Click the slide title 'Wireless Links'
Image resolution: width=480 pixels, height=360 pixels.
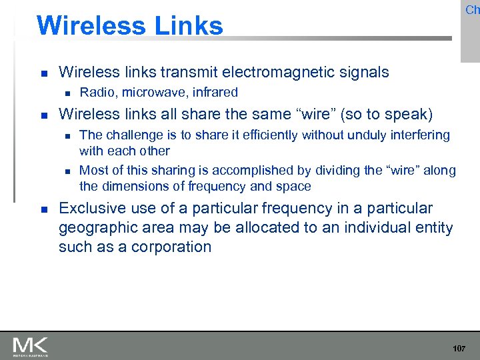[130, 25]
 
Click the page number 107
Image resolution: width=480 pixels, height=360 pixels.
[459, 349]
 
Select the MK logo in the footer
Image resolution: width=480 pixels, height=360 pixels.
[30, 346]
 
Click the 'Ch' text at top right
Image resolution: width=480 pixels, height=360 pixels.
[472, 9]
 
